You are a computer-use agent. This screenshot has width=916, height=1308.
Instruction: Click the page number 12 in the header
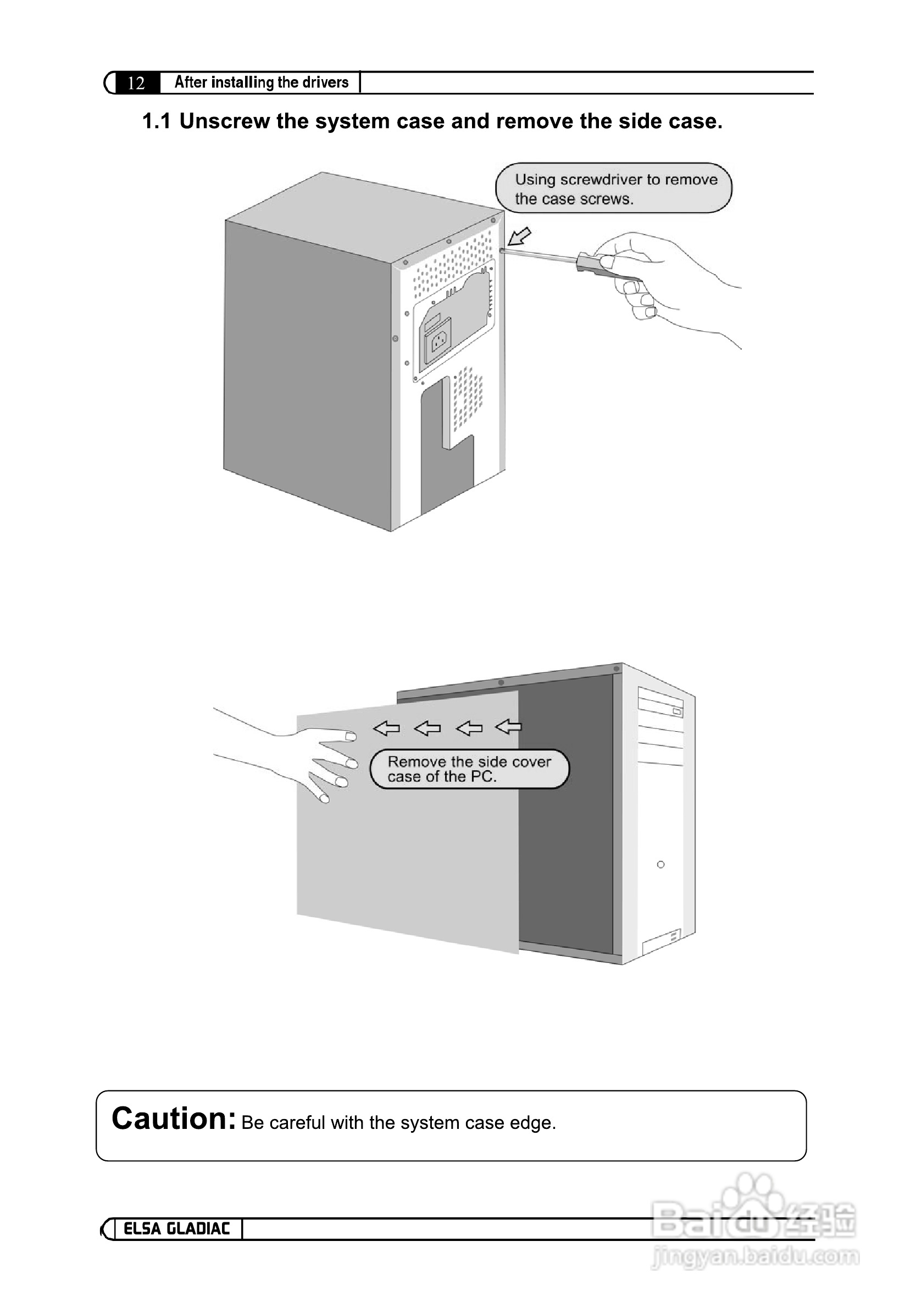(x=136, y=83)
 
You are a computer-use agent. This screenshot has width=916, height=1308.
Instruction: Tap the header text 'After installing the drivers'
(x=261, y=82)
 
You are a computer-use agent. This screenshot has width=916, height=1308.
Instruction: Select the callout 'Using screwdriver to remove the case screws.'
(x=613, y=188)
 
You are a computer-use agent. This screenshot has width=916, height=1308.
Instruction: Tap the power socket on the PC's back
(x=438, y=341)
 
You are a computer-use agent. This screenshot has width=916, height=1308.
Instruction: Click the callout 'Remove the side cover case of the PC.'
(x=469, y=769)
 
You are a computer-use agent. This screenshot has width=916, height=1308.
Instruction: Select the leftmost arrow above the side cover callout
(x=386, y=727)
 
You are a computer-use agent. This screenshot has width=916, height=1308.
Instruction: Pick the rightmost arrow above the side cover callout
(x=508, y=726)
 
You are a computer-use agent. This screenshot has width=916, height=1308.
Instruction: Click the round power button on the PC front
(x=660, y=864)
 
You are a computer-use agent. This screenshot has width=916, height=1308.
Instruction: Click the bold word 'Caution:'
(x=173, y=1118)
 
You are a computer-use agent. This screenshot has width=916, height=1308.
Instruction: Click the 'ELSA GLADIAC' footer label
(x=177, y=1228)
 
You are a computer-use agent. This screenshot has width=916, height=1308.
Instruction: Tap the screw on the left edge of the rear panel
(x=396, y=338)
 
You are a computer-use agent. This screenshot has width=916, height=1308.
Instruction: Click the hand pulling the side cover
(x=319, y=758)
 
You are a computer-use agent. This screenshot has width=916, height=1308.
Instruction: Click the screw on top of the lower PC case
(x=501, y=682)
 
